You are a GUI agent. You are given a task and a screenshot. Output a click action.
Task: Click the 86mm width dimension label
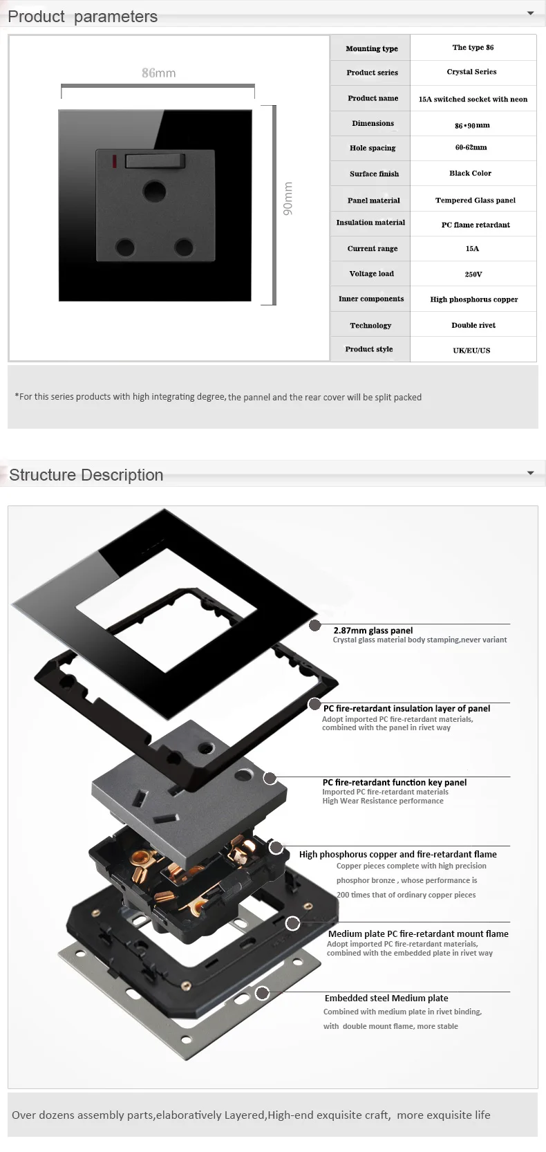(158, 73)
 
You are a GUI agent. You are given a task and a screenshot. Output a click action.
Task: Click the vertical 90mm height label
(288, 198)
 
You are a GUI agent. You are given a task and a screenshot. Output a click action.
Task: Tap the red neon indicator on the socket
(114, 161)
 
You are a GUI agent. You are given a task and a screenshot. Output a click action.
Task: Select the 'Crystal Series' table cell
(471, 72)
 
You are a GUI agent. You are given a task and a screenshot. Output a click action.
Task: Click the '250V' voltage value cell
(473, 274)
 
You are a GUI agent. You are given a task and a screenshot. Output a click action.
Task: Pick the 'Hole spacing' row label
(373, 148)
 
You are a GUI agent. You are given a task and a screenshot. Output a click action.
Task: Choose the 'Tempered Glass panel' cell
(475, 201)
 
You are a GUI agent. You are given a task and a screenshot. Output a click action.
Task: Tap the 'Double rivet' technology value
(473, 325)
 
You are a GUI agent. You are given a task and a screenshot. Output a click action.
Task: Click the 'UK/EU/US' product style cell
(471, 350)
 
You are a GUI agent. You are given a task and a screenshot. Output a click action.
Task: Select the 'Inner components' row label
(371, 299)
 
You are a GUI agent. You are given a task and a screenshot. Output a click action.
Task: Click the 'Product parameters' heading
(83, 17)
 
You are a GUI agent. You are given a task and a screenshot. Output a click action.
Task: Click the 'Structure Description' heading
(86, 474)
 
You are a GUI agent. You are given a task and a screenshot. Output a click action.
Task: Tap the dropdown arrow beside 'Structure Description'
(531, 473)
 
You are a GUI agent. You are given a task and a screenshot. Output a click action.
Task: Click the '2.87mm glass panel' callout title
(373, 631)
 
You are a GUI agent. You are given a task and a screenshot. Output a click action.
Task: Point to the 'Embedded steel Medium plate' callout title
(386, 998)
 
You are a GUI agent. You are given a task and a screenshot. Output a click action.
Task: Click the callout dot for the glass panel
(314, 625)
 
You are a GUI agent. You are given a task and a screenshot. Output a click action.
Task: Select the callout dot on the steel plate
(262, 993)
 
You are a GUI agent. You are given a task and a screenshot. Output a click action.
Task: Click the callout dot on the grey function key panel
(270, 778)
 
